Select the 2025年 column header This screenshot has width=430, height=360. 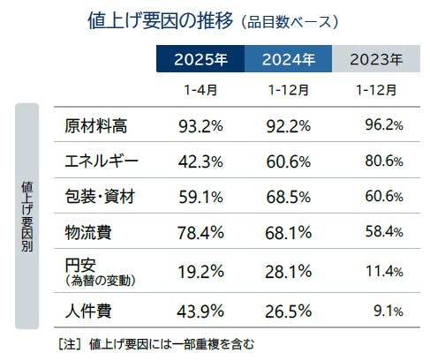(x=201, y=60)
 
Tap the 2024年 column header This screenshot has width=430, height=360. (x=290, y=60)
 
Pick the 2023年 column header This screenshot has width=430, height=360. (x=377, y=60)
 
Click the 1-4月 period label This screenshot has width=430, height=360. (x=200, y=90)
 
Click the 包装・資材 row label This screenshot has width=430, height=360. (x=102, y=197)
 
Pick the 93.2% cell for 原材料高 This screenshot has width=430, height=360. (x=201, y=125)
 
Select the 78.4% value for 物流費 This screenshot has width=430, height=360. (x=201, y=232)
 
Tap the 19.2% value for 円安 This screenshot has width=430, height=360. (x=201, y=272)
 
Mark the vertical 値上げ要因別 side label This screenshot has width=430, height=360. (x=27, y=216)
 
